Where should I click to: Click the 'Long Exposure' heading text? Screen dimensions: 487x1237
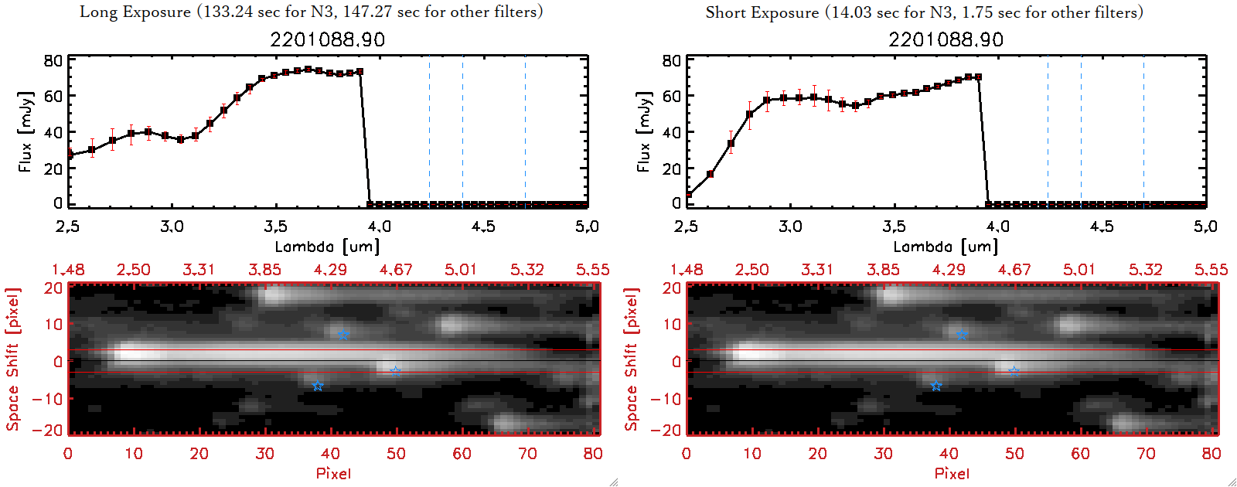point(136,12)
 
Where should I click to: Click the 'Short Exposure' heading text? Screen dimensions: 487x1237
point(762,12)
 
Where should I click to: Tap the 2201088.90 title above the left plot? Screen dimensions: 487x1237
point(327,39)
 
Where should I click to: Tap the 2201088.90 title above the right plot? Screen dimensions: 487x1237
point(946,39)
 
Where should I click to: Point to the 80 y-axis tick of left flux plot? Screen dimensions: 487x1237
point(53,60)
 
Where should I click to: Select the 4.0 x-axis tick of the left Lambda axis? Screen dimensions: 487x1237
point(379,226)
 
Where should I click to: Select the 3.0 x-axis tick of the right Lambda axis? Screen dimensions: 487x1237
point(790,226)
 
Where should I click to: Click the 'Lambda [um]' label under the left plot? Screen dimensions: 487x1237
point(327,247)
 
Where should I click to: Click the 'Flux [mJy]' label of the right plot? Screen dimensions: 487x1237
point(643,131)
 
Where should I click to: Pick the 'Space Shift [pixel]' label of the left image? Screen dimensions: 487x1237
point(13,359)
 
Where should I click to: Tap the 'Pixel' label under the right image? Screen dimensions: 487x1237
point(952,473)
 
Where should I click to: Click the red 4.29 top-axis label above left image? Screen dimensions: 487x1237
point(330,270)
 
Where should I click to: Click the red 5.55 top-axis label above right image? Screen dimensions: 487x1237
point(1211,270)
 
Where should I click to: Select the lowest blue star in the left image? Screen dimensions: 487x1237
point(317,386)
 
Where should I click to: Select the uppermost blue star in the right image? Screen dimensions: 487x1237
point(962,335)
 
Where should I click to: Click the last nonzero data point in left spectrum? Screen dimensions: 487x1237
point(360,72)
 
